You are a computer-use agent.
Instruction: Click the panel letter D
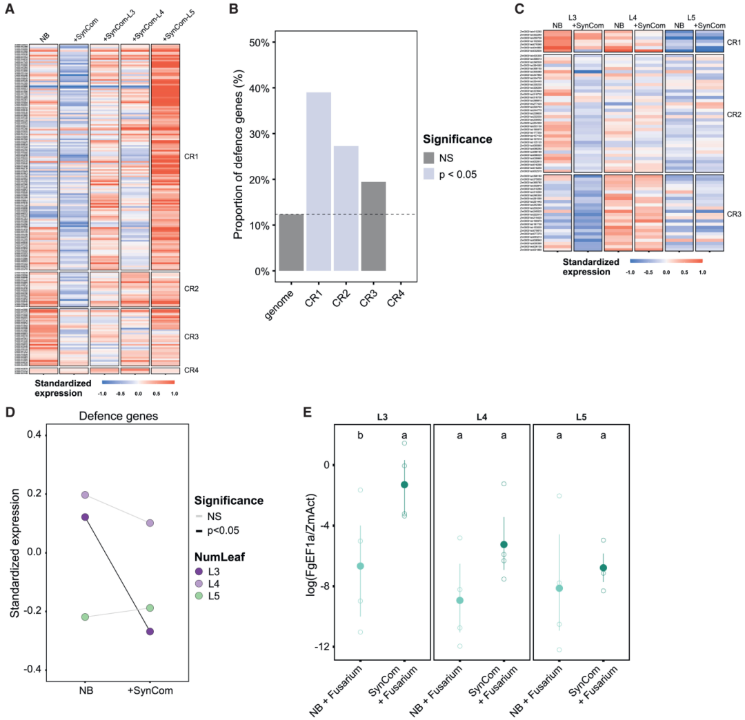pyautogui.click(x=10, y=412)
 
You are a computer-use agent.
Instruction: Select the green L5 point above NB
pyautogui.click(x=85, y=617)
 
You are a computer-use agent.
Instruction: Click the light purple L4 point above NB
pyautogui.click(x=85, y=495)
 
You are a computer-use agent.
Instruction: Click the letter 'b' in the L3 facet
pyautogui.click(x=360, y=436)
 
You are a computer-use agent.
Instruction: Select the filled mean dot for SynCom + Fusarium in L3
pyautogui.click(x=405, y=485)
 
